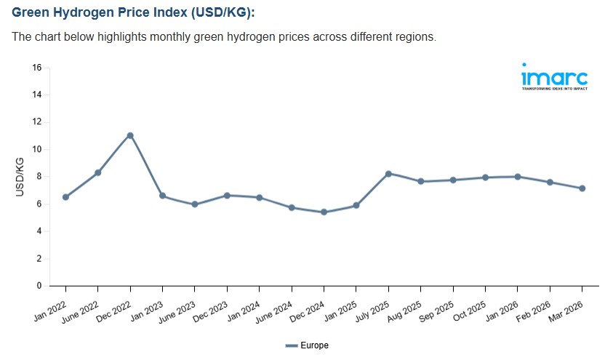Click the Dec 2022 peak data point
130,135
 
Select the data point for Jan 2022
66,197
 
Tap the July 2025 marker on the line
388,174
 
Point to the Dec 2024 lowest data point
324,212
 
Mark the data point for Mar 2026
582,188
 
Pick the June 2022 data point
98,172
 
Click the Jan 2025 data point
356,205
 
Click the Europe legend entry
307,345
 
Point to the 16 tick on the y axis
36,68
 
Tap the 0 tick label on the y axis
39,286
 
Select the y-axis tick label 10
36,150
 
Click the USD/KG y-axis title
20,177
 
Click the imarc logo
554,76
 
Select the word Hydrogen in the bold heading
84,13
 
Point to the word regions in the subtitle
414,37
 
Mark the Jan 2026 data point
518,177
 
